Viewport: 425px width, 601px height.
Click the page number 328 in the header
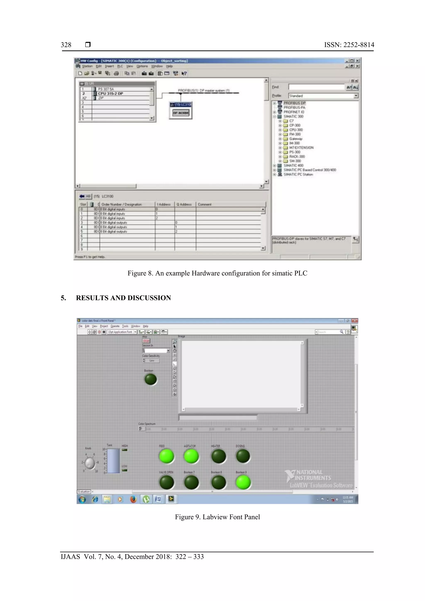point(66,45)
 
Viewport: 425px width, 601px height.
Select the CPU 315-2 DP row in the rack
point(110,93)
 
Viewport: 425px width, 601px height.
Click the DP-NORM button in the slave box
point(181,113)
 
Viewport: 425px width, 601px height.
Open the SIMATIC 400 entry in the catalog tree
point(293,165)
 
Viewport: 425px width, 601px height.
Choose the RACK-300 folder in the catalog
point(297,156)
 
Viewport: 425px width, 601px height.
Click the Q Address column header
point(184,204)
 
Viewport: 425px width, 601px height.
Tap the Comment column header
point(205,204)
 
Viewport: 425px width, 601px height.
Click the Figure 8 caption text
point(217,273)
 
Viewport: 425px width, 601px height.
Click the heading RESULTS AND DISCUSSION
point(123,298)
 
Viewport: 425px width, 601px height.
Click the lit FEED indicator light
point(166,456)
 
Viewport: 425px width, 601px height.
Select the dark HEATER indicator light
point(219,456)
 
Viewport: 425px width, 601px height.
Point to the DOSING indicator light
point(243,456)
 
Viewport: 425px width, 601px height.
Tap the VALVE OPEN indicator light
point(166,482)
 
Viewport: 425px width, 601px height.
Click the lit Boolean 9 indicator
point(243,482)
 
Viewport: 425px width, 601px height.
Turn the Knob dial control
point(90,463)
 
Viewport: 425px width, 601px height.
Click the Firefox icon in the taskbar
point(133,500)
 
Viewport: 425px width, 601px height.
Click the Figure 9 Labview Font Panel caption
point(217,517)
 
